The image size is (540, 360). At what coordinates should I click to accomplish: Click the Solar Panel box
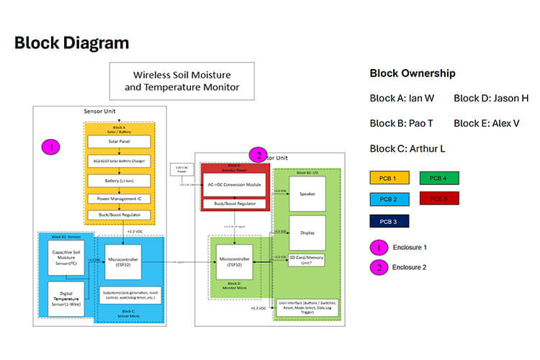point(119,142)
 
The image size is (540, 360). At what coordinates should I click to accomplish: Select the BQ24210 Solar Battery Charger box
point(119,161)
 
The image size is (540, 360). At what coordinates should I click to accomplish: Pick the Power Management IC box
point(119,198)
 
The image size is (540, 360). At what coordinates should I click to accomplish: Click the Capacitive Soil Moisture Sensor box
point(65,258)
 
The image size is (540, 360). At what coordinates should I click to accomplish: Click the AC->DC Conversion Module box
point(235,184)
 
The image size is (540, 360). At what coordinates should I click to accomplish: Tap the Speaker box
point(307,194)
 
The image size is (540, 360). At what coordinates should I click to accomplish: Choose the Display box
point(307,233)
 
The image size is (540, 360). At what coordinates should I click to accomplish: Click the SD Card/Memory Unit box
point(307,261)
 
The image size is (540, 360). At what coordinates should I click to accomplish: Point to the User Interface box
point(307,308)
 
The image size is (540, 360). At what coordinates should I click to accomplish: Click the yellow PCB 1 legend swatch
point(389,177)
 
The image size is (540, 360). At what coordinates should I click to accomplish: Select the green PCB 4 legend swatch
point(438,177)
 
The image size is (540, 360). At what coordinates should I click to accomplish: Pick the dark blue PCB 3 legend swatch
point(389,222)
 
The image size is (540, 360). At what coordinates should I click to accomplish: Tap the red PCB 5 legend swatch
point(438,199)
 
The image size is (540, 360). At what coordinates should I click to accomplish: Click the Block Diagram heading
point(71,42)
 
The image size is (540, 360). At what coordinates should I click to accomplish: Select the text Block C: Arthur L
point(406,148)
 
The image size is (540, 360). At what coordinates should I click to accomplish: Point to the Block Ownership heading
point(412,73)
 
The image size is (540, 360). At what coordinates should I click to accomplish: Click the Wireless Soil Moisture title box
point(181,81)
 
